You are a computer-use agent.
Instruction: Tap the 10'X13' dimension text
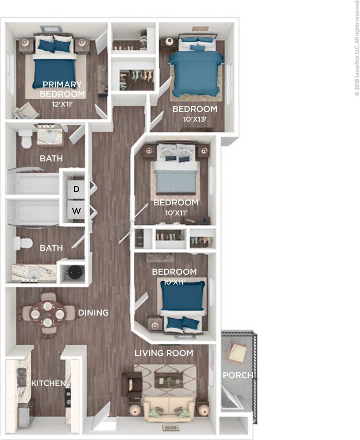[195, 119]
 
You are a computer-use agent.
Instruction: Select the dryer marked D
[76, 189]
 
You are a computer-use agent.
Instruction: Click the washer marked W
[76, 211]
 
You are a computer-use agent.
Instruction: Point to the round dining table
[47, 314]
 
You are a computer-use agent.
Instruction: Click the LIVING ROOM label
[164, 353]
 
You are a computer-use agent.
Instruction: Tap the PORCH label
[238, 375]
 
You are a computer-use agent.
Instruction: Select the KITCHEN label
[48, 383]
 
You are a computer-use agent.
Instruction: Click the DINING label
[93, 313]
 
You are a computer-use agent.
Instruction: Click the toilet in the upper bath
[26, 139]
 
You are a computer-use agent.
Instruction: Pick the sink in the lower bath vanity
[34, 273]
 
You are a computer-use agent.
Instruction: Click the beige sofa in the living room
[169, 409]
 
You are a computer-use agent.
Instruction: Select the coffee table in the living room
[169, 380]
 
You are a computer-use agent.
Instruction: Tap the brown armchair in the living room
[132, 384]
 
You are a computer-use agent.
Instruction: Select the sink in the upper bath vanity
[49, 136]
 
